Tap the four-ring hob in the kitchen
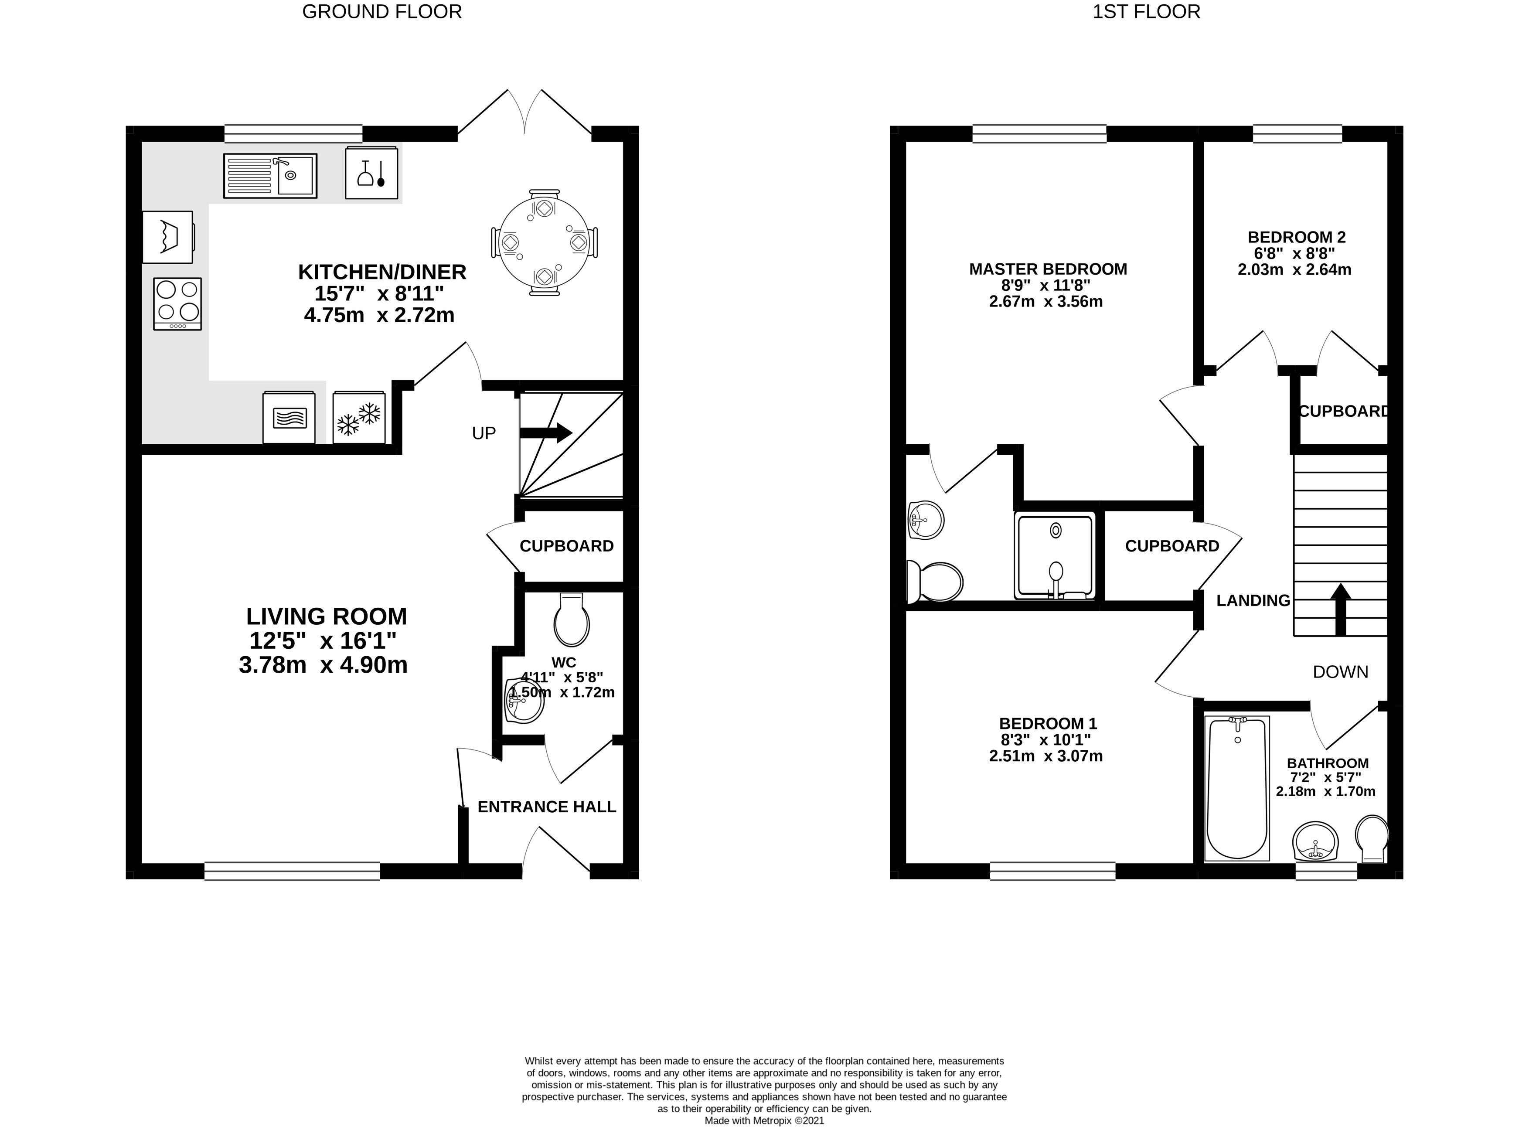tap(177, 303)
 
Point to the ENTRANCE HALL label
tap(547, 807)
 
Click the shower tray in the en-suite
tap(1055, 556)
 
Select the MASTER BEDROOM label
tap(1048, 269)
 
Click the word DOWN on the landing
tap(1341, 672)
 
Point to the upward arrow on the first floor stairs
tap(1341, 609)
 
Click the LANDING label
tap(1253, 600)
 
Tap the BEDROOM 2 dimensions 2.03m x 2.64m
tap(1294, 269)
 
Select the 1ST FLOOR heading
tap(1146, 12)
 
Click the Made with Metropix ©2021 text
tap(764, 1120)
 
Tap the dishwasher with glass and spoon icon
tap(371, 173)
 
